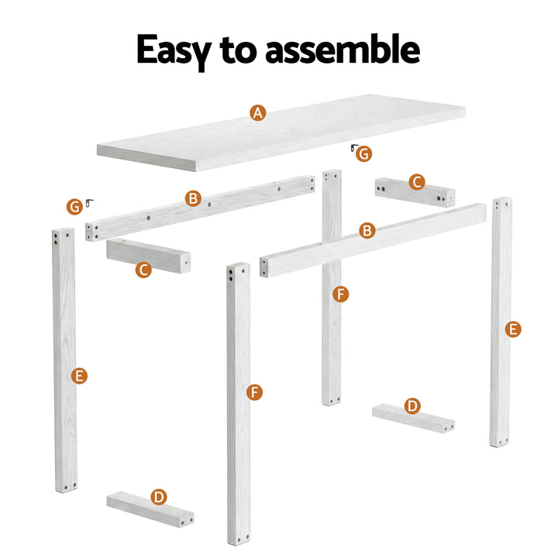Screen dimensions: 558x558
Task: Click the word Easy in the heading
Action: (x=172, y=50)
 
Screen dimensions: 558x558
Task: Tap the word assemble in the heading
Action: (x=342, y=50)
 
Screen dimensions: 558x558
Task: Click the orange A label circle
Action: (x=258, y=113)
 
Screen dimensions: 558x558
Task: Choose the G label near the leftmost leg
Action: (x=74, y=207)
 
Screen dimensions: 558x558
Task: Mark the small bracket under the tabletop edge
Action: (x=353, y=148)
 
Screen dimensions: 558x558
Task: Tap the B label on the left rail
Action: (x=193, y=199)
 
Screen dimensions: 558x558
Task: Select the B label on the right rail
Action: (x=367, y=230)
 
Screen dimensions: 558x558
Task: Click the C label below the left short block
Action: (x=143, y=270)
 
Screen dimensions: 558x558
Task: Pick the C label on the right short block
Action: (x=417, y=182)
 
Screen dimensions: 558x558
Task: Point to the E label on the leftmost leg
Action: (x=78, y=376)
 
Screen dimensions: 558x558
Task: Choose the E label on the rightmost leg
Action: (x=512, y=329)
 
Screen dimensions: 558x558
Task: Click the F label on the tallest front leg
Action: (x=254, y=392)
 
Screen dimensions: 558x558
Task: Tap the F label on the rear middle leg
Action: (x=340, y=294)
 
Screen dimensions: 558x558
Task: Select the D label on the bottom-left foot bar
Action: (x=159, y=497)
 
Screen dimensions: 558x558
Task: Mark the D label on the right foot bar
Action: (x=412, y=405)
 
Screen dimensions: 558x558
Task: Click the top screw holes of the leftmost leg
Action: (x=63, y=236)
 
